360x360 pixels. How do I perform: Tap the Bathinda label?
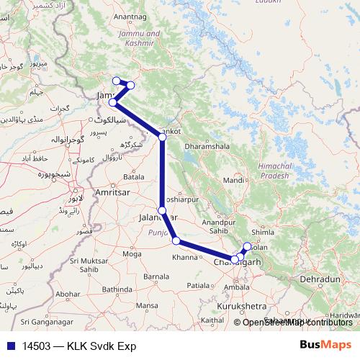[x=120, y=289]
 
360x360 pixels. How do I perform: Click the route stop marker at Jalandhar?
[x=162, y=210]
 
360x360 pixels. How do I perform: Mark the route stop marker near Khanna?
[x=176, y=240]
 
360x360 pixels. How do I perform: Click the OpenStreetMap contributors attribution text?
[x=297, y=322]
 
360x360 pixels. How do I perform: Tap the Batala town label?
[x=134, y=176]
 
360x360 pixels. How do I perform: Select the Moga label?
[x=132, y=254]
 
